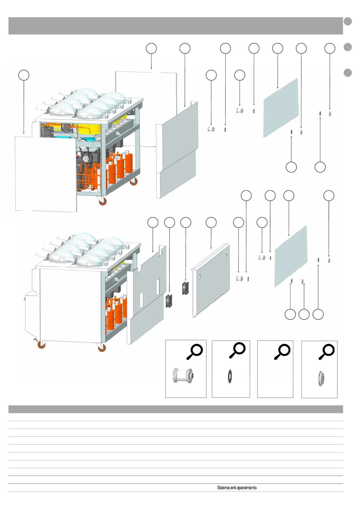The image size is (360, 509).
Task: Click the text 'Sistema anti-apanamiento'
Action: click(x=237, y=488)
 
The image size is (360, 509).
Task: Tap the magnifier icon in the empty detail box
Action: click(x=282, y=352)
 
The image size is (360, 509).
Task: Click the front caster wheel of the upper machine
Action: click(x=103, y=201)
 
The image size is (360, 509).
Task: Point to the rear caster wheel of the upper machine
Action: click(x=133, y=182)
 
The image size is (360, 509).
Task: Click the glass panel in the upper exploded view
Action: click(x=281, y=108)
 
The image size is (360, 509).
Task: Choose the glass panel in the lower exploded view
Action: click(x=290, y=256)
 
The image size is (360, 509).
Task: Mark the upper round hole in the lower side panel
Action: click(x=226, y=256)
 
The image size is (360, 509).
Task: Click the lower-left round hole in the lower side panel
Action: click(x=200, y=276)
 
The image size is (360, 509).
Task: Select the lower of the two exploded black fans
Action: click(x=169, y=301)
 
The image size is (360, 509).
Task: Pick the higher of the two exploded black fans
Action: click(x=185, y=288)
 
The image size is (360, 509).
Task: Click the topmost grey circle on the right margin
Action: click(x=348, y=21)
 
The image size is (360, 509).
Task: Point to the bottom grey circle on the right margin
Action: click(x=348, y=73)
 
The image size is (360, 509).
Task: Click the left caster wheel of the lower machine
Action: click(x=41, y=345)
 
